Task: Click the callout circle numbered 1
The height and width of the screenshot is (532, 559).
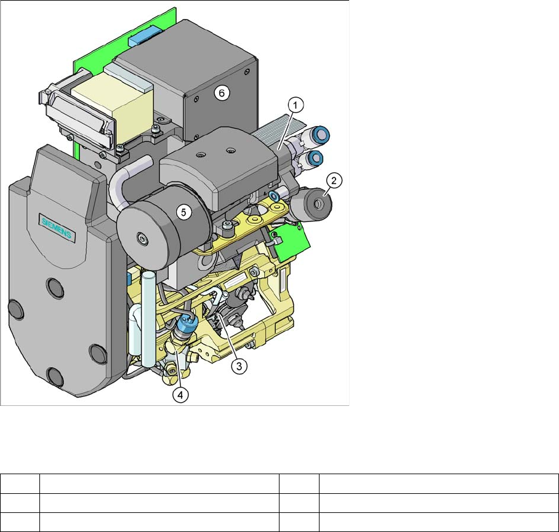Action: coord(296,106)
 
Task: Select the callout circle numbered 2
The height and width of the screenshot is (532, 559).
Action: coord(334,181)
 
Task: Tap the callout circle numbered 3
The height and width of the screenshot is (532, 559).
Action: coord(239,366)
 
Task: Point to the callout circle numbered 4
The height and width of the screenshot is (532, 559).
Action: coord(180,395)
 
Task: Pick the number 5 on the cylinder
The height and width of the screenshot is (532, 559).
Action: coord(183,213)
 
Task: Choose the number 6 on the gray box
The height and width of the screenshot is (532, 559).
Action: coord(222,93)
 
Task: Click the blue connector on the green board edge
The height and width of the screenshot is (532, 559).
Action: coord(145,34)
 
